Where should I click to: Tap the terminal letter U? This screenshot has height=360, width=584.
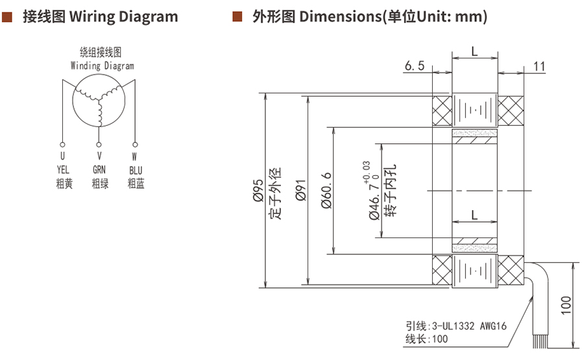point(63,156)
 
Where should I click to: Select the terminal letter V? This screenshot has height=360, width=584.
point(99,156)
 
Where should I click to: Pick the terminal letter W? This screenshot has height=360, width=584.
point(135,156)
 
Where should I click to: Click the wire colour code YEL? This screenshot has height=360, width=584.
point(63,170)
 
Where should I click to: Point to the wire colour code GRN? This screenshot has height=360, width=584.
point(99,170)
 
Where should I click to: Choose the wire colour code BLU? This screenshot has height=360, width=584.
point(135,170)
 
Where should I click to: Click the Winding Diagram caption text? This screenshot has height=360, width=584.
point(102,66)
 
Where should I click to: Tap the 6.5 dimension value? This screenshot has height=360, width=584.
point(414,66)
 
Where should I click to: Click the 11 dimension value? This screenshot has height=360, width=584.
point(539,66)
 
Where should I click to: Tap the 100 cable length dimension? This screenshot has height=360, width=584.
point(566,305)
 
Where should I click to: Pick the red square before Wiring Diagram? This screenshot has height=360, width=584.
point(7,16)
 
